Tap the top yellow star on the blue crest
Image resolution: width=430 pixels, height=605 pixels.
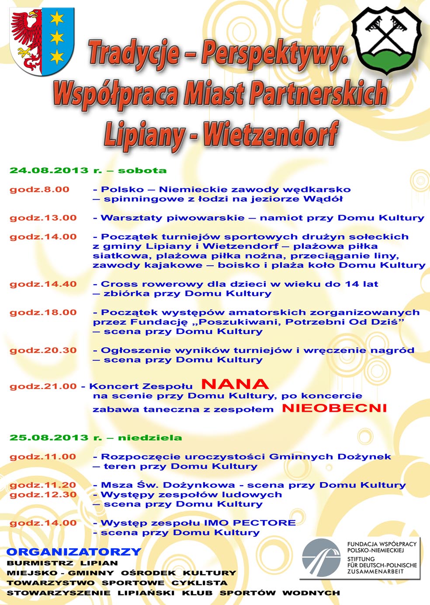57,18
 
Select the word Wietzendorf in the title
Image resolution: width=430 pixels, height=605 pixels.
271,133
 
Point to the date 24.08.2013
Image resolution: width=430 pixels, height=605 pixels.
49,170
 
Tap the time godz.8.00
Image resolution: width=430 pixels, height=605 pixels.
39,190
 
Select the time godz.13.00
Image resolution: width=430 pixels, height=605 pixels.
43,218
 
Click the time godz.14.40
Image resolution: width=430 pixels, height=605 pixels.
43,284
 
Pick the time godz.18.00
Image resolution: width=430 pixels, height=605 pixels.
43,313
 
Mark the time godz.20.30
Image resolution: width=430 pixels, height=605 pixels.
43,351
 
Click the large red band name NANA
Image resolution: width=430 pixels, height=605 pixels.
235,384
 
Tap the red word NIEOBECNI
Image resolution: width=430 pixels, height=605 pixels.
334,408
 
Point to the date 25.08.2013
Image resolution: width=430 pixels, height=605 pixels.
49,438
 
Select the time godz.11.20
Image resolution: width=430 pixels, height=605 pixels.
43,485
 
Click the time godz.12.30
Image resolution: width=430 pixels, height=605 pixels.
43,495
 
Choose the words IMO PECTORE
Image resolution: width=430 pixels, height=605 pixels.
250,523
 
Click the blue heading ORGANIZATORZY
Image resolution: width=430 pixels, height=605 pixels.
74,552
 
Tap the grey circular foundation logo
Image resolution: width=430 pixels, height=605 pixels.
321,558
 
